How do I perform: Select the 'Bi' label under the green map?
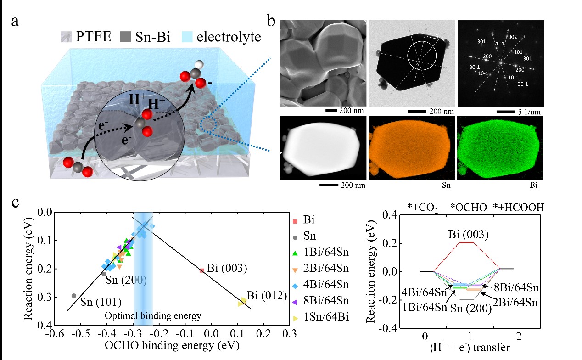[x=532, y=186]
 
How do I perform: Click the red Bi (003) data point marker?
[x=202, y=270]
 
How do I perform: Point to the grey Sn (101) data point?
[x=74, y=296]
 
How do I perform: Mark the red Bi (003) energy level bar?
[x=466, y=242]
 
